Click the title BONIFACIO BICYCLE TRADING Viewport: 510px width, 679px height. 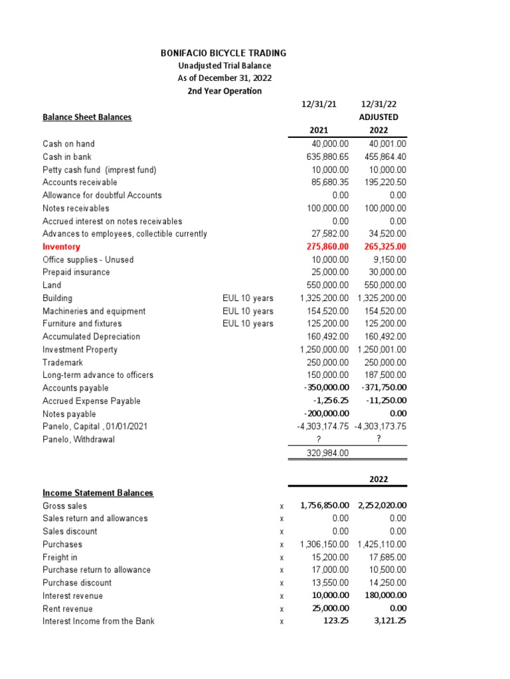pyautogui.click(x=224, y=53)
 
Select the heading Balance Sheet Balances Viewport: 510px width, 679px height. pyautogui.click(x=87, y=117)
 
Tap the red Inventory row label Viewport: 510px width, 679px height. pyautogui.click(x=61, y=247)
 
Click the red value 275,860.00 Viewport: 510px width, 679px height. pyautogui.click(x=325, y=247)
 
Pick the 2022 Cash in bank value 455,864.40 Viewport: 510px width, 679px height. pyautogui.click(x=385, y=156)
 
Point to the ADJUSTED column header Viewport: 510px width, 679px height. pyautogui.click(x=379, y=117)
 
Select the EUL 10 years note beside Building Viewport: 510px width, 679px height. pyautogui.click(x=248, y=298)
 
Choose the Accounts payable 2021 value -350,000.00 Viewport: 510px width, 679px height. pyautogui.click(x=324, y=389)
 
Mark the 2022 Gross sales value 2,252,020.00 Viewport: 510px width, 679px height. pyautogui.click(x=382, y=505)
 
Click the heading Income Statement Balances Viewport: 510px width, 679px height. pyautogui.click(x=98, y=493)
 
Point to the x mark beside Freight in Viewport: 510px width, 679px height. pyautogui.click(x=282, y=558)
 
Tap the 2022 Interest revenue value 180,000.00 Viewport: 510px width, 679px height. pyautogui.click(x=384, y=596)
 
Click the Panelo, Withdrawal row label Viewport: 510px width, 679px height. pyautogui.click(x=78, y=440)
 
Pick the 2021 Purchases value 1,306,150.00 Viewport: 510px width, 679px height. pyautogui.click(x=324, y=544)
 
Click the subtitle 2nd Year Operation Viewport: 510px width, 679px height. pyautogui.click(x=224, y=91)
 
